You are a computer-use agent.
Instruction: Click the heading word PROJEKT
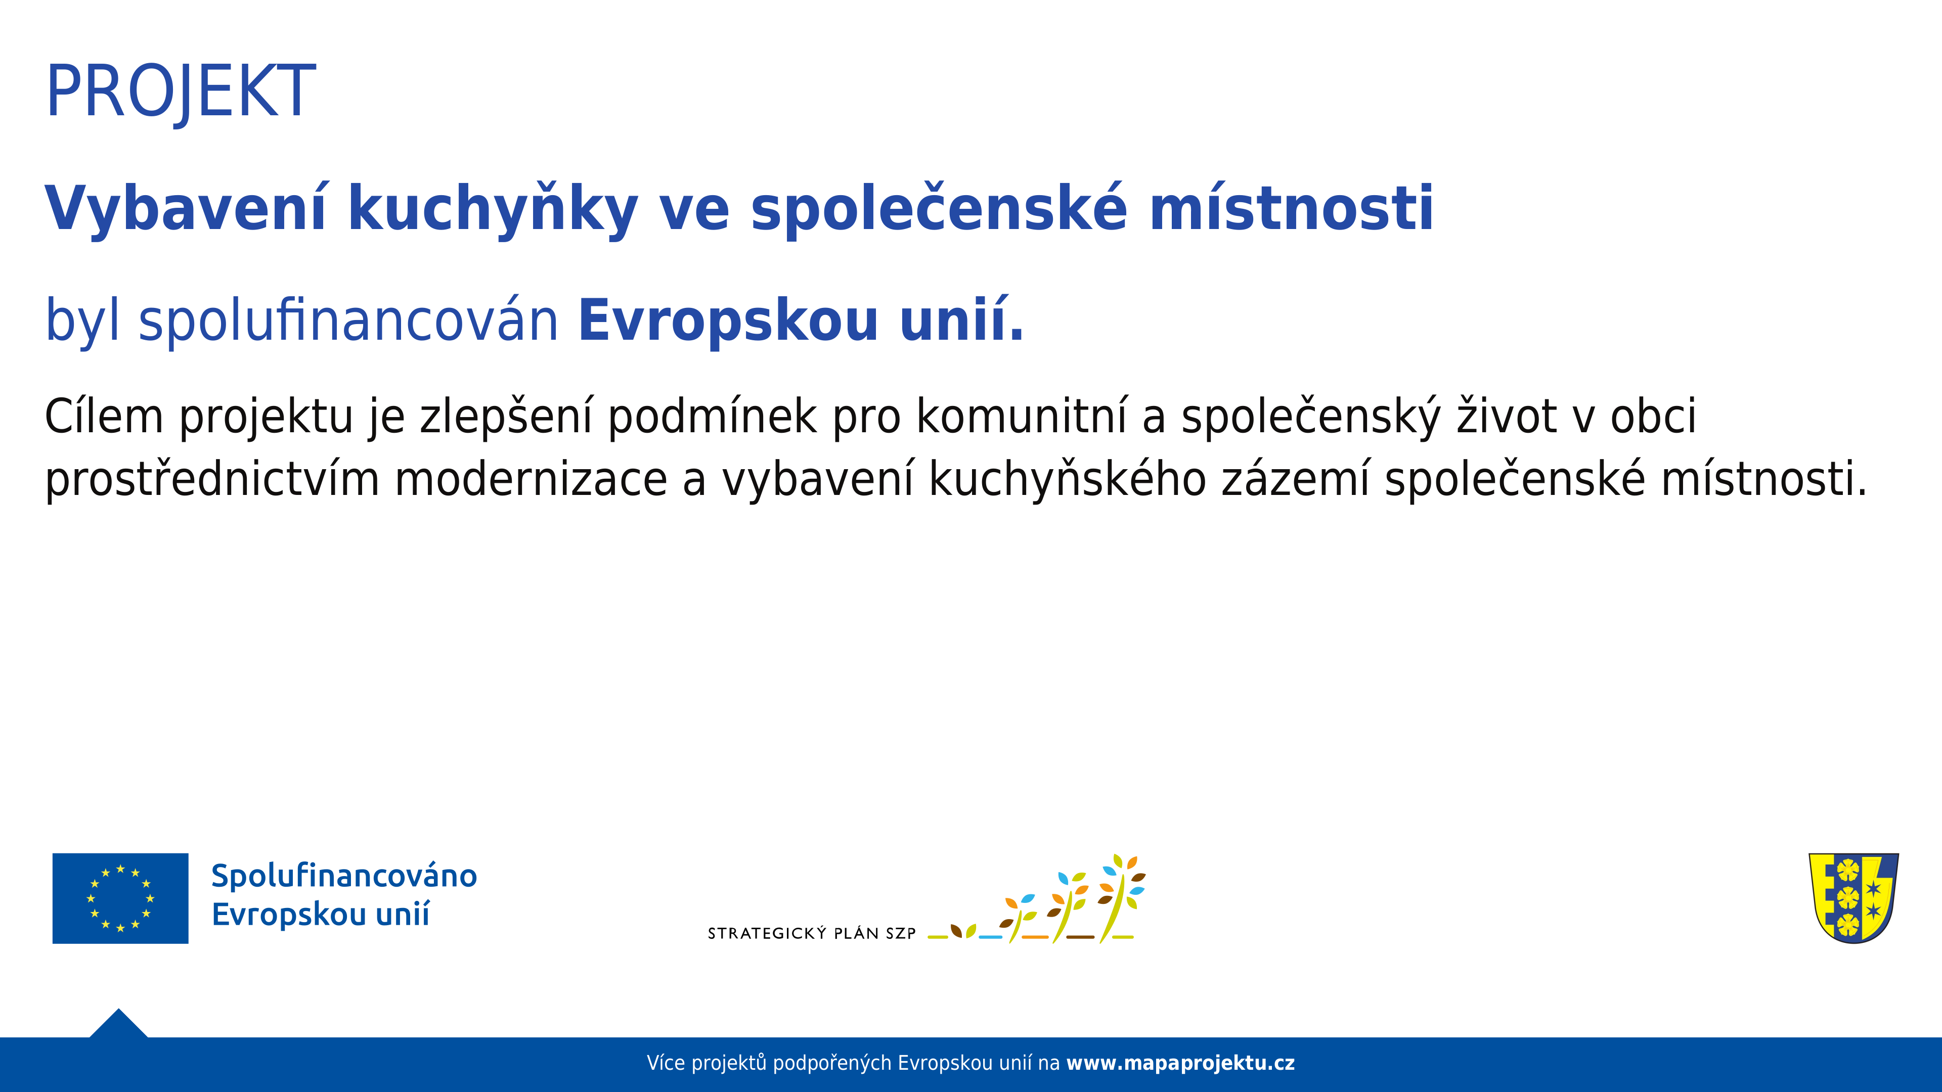pos(181,92)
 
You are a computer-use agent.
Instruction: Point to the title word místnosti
pos(1292,207)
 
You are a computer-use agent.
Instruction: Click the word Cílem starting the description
pos(104,416)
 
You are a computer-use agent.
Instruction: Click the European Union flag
pos(121,898)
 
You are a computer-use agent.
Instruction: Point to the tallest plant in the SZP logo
pos(1121,898)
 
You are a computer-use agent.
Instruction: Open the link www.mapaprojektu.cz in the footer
pos(1180,1063)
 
